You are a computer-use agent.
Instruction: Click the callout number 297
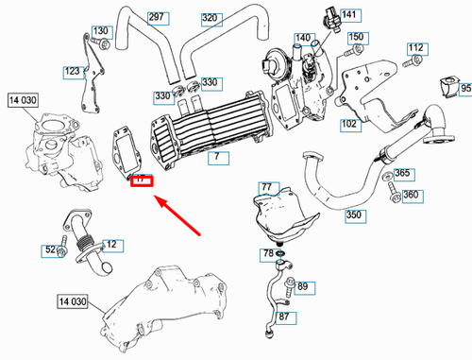pyautogui.click(x=157, y=18)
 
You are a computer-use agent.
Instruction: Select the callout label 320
pyautogui.click(x=210, y=18)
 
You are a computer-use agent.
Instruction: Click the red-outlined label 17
pyautogui.click(x=141, y=178)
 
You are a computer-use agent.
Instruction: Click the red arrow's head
pyautogui.click(x=159, y=199)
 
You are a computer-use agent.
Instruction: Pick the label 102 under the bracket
pyautogui.click(x=349, y=124)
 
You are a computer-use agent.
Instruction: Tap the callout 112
pyautogui.click(x=416, y=47)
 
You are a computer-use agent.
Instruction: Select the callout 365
pyautogui.click(x=402, y=174)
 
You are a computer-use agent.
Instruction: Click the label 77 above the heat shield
pyautogui.click(x=266, y=187)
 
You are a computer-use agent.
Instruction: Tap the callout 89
pyautogui.click(x=302, y=285)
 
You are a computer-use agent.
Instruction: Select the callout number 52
pyautogui.click(x=50, y=250)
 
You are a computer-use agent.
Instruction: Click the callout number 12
pyautogui.click(x=112, y=245)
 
